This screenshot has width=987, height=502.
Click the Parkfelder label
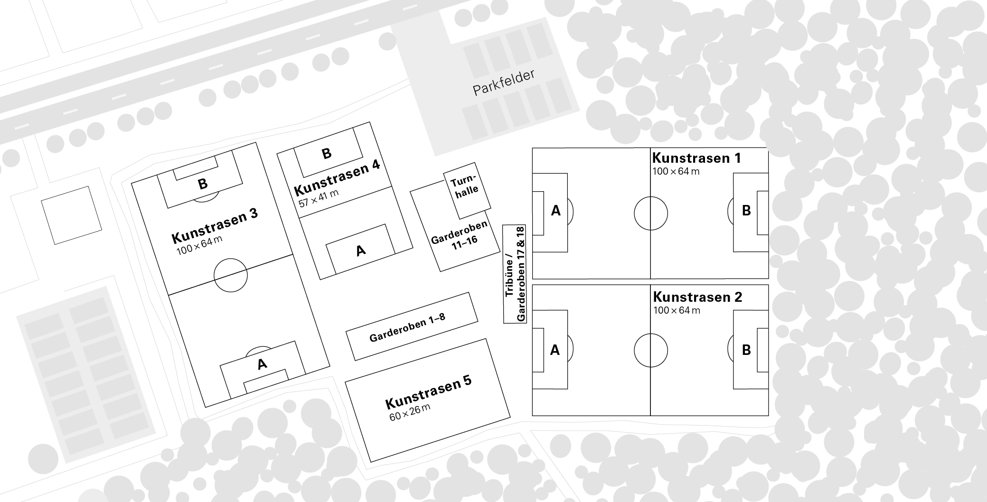click(x=504, y=83)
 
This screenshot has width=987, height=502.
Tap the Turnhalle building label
click(x=465, y=186)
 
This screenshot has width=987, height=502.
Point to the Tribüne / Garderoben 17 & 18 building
click(x=515, y=274)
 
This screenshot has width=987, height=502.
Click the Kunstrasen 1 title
click(x=696, y=158)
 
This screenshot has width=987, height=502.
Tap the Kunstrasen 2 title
click(x=697, y=297)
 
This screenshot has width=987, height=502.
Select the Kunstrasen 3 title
click(x=214, y=225)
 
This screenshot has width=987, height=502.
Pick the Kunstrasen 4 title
click(x=337, y=177)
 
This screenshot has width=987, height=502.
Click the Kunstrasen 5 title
click(x=428, y=392)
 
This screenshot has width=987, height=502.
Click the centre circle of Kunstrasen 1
click(x=650, y=213)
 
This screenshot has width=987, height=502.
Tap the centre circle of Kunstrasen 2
click(x=650, y=350)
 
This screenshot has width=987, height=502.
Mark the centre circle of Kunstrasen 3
click(x=231, y=275)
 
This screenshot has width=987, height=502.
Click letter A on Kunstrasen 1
click(x=555, y=211)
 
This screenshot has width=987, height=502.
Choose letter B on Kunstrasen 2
click(x=746, y=350)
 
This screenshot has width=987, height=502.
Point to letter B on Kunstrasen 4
click(x=326, y=154)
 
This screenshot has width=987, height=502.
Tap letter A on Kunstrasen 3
click(x=262, y=364)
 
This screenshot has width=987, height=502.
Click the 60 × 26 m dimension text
click(x=410, y=413)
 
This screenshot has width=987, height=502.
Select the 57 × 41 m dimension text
click(x=319, y=198)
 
